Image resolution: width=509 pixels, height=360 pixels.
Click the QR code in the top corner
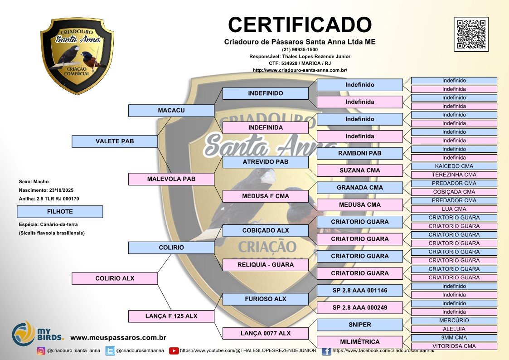tap(471, 34)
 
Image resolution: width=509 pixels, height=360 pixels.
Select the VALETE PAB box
tap(115, 141)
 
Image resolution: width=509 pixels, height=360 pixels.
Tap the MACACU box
tap(171, 111)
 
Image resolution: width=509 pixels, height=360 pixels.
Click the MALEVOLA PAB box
tap(171, 179)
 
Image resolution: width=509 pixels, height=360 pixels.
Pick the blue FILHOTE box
tap(59, 212)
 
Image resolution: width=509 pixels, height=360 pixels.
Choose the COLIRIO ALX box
tap(115, 278)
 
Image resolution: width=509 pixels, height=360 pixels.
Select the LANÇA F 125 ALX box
tap(171, 316)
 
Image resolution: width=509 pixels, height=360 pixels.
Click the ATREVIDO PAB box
tap(265, 162)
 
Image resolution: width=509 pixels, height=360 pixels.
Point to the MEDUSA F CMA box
tap(265, 196)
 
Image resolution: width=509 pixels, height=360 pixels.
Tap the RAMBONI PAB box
tap(359, 153)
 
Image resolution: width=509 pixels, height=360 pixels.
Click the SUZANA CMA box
tap(359, 170)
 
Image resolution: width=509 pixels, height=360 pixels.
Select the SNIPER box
tap(359, 325)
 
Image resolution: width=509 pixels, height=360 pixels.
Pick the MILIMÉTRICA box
tap(359, 342)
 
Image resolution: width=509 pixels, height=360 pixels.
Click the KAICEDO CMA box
tap(454, 166)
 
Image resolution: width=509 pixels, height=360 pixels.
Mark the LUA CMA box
tap(454, 209)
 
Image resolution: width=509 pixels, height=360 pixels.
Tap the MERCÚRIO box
tap(454, 321)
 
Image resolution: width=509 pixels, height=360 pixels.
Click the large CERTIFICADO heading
tap(300, 24)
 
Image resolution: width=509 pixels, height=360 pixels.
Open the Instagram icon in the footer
tap(41, 350)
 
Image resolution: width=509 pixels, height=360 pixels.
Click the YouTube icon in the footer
tap(174, 350)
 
